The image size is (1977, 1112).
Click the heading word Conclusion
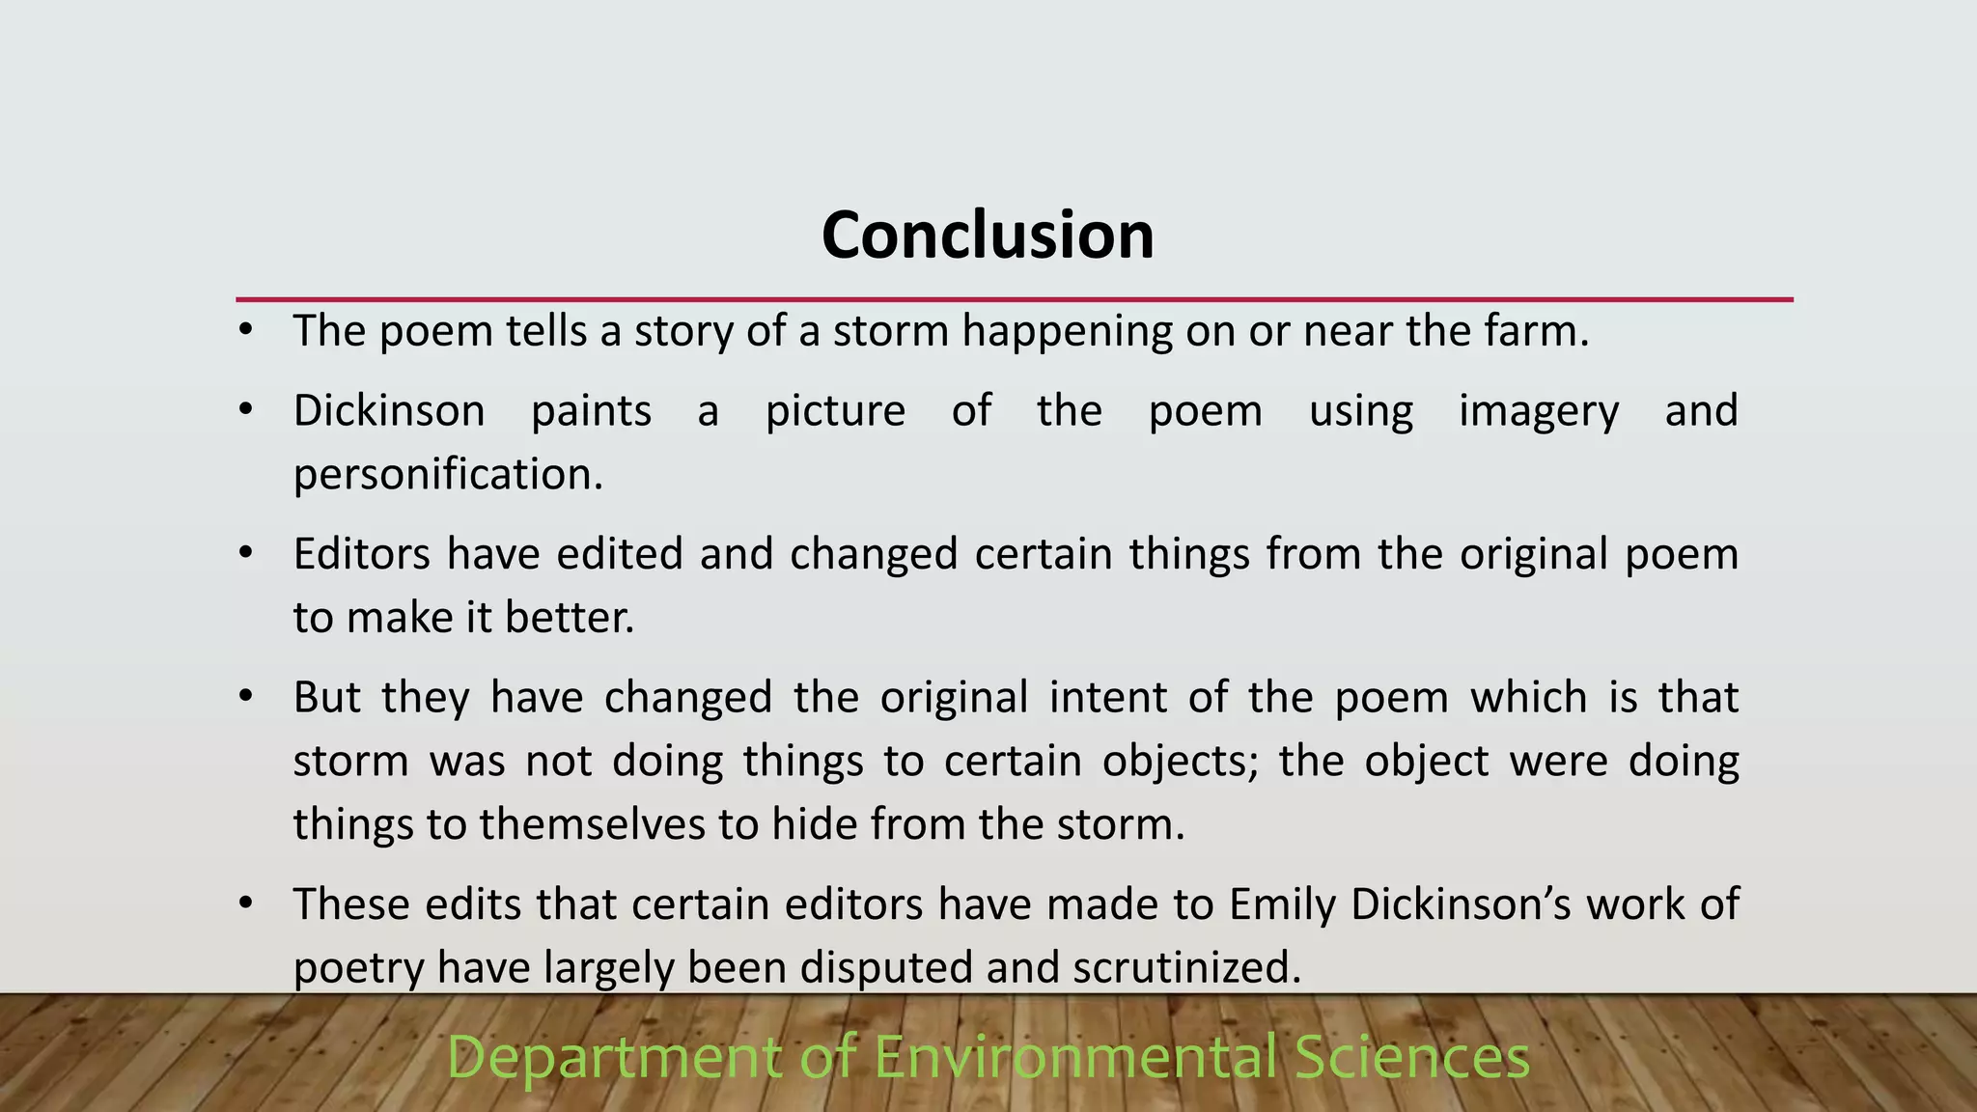(988, 236)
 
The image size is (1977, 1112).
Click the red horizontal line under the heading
(1014, 300)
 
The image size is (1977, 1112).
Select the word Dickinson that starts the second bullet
(389, 411)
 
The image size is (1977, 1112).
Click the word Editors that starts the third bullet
(360, 554)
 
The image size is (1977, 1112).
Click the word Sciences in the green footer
(1411, 1057)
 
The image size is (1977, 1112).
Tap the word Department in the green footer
(614, 1057)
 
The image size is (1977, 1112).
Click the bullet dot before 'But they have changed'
(246, 696)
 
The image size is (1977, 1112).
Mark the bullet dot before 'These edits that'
(246, 903)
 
